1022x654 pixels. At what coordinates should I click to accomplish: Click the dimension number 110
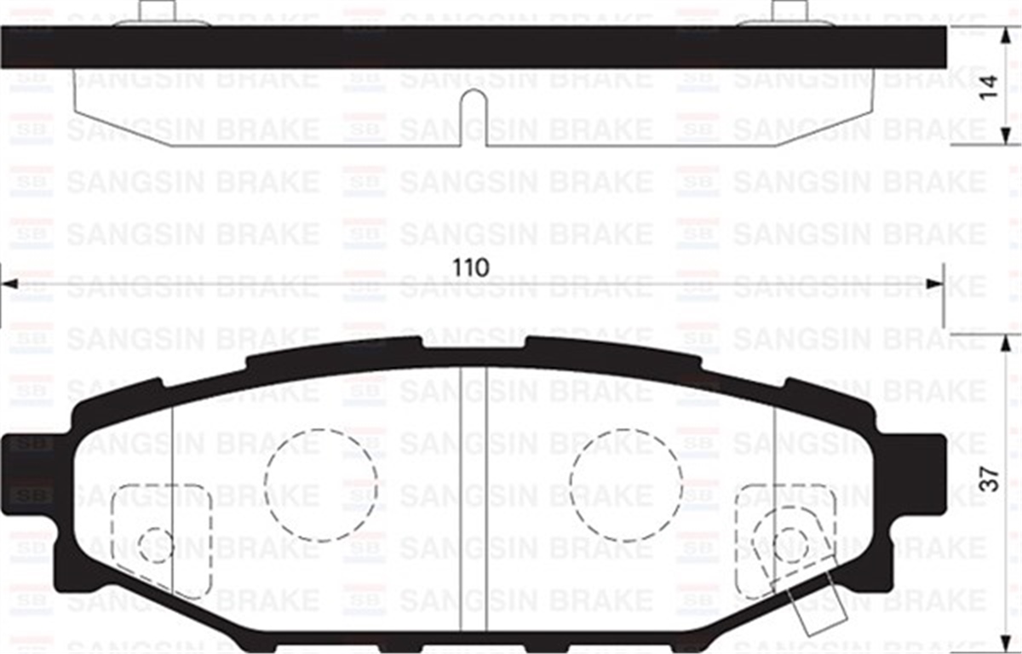471,267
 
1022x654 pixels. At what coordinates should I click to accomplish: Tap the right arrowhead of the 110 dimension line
936,284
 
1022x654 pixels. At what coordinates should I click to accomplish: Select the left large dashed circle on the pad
320,484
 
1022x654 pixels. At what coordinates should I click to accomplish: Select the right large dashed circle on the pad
625,484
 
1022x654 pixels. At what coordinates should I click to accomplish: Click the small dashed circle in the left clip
156,544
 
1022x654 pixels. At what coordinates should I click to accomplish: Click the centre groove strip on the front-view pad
473,502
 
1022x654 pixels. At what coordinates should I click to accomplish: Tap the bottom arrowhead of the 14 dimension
1006,136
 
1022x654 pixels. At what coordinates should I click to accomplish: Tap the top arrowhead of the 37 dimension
1006,342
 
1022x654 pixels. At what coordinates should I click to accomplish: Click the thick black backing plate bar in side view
473,47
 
